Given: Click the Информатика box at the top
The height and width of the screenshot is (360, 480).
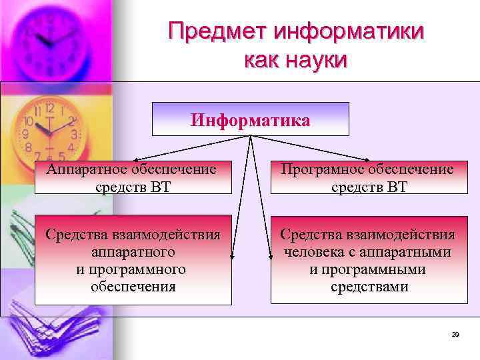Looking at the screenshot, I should pyautogui.click(x=250, y=121).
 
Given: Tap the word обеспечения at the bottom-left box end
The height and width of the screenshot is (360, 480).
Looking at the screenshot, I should pyautogui.click(x=133, y=287).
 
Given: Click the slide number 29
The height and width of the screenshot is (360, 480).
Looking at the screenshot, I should pyautogui.click(x=455, y=334).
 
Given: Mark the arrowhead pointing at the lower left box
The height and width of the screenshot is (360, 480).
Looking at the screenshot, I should pyautogui.click(x=231, y=256).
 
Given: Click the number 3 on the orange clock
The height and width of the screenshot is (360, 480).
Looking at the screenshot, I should pyautogui.click(x=74, y=134).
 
